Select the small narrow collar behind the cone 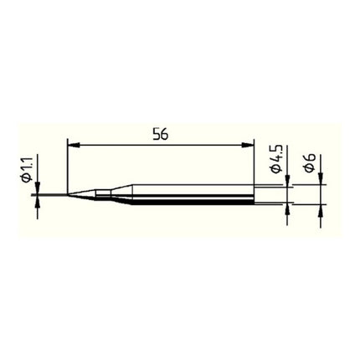100,194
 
